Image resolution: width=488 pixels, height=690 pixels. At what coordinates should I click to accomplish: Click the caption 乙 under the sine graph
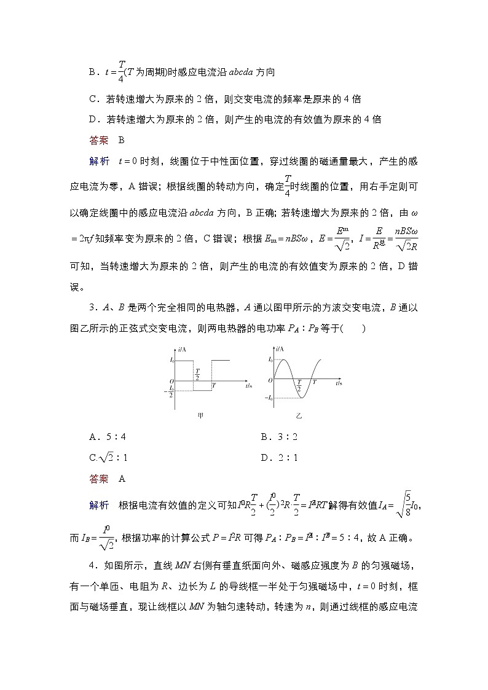299,416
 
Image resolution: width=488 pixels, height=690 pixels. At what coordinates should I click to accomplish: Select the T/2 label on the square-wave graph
197,374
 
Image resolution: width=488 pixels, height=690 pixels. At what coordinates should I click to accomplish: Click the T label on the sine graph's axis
314,382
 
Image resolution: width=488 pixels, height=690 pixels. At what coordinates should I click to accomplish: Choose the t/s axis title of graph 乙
339,383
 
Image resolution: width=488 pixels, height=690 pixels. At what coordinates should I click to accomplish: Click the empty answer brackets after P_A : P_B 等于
355,328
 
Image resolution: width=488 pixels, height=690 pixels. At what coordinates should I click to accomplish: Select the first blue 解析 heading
99,161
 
